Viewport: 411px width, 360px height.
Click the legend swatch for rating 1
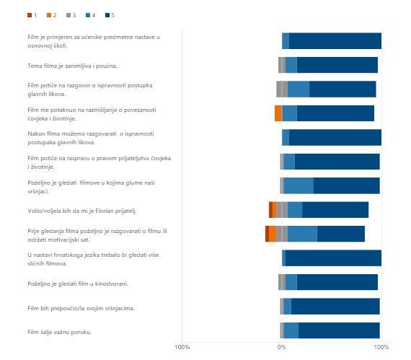pos(30,15)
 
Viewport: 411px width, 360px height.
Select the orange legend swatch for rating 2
pos(49,15)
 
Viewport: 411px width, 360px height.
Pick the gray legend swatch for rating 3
pos(68,15)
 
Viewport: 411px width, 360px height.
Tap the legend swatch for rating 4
pos(88,15)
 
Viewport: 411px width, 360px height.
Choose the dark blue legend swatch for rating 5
pos(107,15)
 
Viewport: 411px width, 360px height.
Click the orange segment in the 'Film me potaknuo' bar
pos(278,113)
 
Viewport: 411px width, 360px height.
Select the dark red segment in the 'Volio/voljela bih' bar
pos(271,210)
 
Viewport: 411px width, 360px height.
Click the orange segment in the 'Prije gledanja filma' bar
pos(273,234)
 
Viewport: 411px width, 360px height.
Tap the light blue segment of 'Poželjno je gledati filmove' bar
pos(299,185)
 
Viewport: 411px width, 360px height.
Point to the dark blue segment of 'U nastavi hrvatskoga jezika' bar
pos(333,258)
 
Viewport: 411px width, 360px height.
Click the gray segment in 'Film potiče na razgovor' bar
pos(282,89)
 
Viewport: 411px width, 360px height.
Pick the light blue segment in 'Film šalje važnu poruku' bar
pos(291,330)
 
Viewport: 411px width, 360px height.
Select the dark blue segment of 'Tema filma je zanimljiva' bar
pos(337,65)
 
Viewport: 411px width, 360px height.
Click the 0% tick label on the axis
pos(282,347)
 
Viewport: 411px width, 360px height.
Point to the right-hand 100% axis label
pos(381,347)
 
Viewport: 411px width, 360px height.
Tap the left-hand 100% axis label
pos(182,347)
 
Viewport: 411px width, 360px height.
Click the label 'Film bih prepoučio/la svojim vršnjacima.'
pos(81,308)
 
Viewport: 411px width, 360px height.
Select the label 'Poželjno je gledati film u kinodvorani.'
pos(78,284)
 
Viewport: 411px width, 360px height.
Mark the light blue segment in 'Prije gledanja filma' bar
pos(302,234)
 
